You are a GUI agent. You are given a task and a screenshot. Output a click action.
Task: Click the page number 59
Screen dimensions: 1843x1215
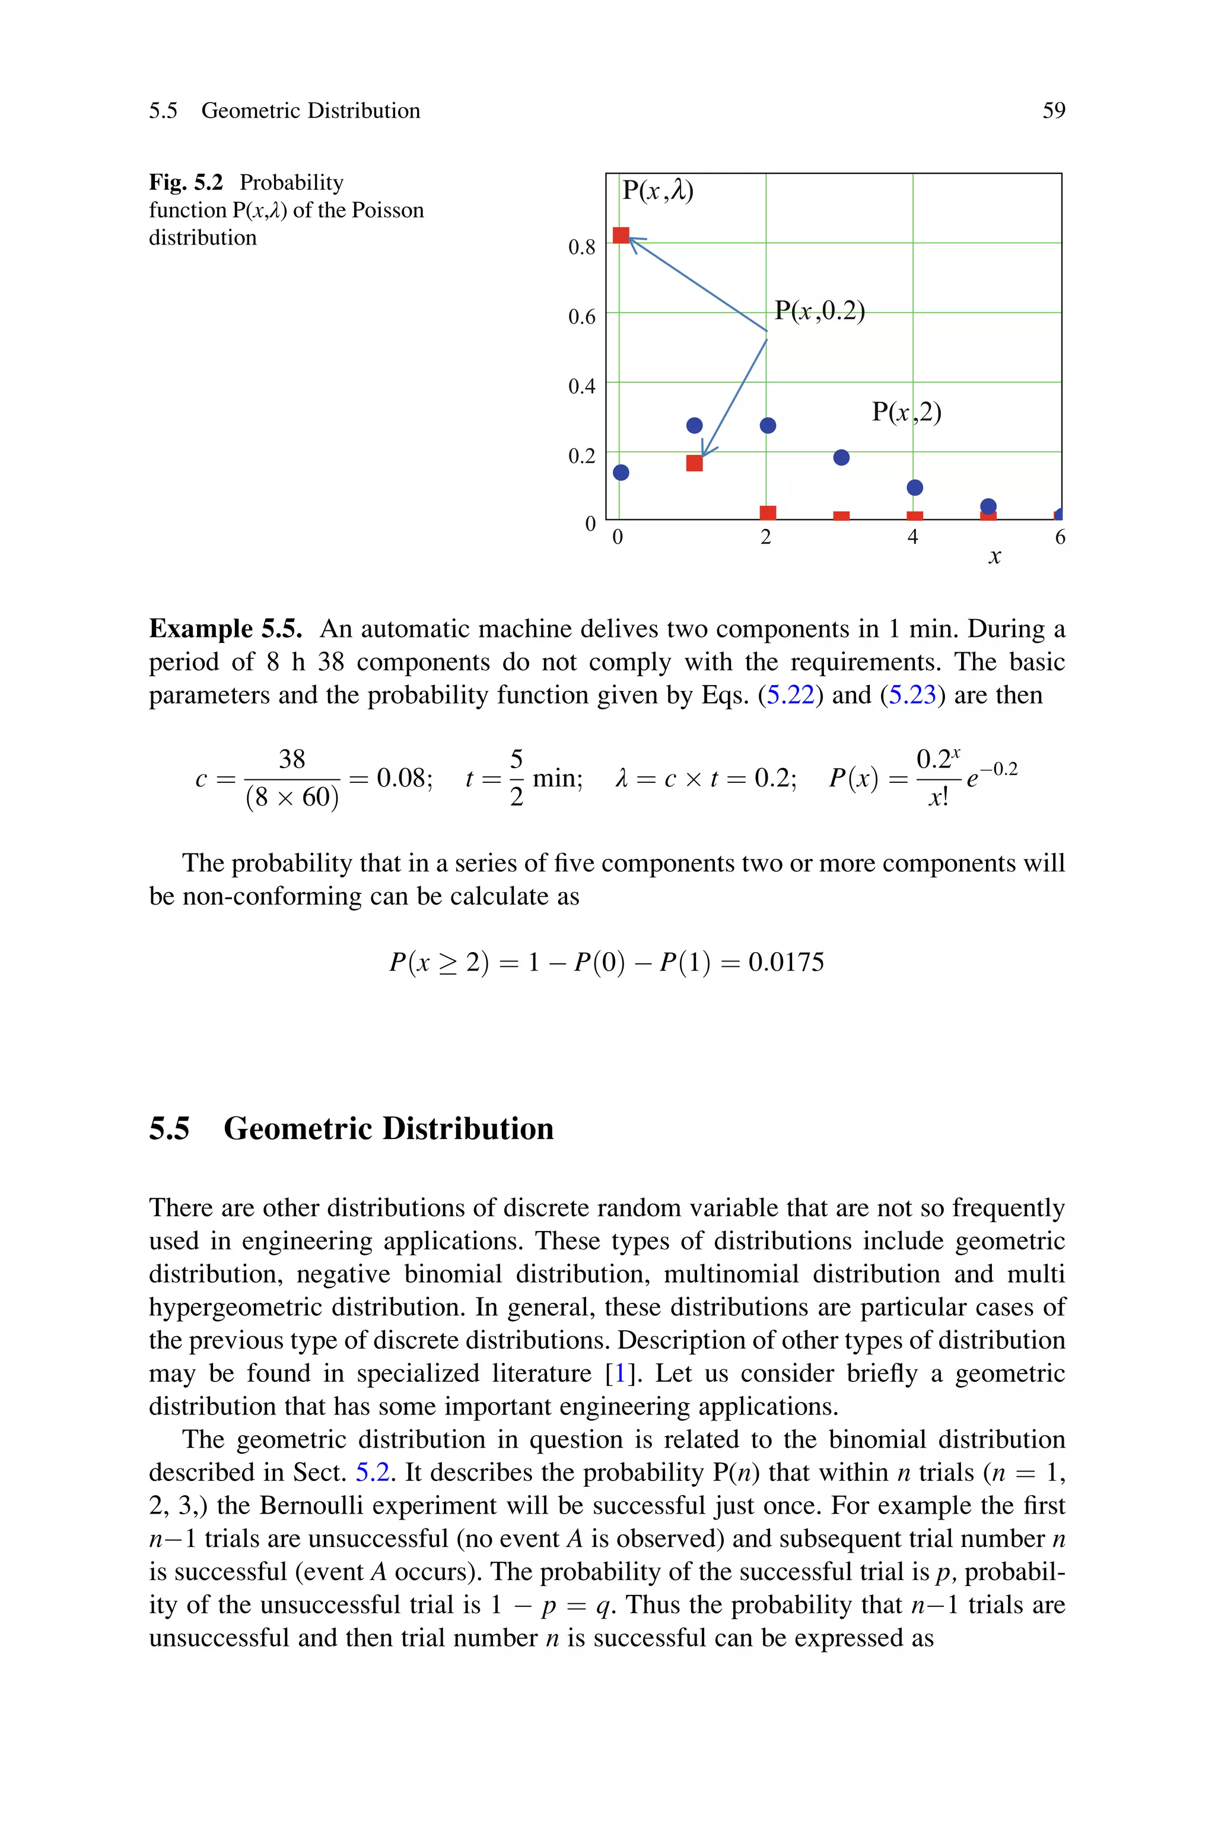(1053, 111)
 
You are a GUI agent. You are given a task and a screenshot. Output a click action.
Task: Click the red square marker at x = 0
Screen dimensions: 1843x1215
(621, 235)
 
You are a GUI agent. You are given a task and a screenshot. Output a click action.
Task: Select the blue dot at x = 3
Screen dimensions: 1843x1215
(841, 457)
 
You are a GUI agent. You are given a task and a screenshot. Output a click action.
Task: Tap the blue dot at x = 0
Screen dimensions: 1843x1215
(621, 472)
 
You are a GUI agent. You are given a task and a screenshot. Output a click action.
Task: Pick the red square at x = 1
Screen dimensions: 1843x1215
(694, 463)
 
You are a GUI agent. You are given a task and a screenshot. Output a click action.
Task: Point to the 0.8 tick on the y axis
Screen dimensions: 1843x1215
(581, 248)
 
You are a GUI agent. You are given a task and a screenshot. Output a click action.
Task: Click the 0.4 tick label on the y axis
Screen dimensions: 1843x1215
(581, 386)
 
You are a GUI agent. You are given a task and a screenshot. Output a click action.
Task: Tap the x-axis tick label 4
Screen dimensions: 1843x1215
(913, 537)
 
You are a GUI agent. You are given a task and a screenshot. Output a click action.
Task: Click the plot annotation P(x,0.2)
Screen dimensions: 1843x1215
(819, 311)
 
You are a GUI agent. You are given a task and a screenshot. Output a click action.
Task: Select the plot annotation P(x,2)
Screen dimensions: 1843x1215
(906, 411)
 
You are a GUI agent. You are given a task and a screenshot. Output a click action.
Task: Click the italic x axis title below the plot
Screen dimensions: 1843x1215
(994, 557)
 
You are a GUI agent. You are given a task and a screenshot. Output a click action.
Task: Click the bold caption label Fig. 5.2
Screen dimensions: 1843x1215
(186, 183)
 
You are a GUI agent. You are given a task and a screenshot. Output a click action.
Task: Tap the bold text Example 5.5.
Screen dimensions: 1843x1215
(225, 629)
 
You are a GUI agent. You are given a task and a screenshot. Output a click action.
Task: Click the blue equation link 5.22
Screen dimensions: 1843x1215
(790, 695)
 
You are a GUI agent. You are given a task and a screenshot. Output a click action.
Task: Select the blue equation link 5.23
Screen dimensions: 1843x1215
(912, 695)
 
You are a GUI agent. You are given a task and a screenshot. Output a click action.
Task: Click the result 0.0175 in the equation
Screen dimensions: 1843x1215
(785, 963)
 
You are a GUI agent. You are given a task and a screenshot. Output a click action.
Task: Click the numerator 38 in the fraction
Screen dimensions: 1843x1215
(291, 759)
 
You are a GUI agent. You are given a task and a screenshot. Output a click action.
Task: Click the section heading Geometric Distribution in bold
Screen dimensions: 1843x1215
(388, 1128)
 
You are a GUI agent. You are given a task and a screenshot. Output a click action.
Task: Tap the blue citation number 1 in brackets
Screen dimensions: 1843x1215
(619, 1373)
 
